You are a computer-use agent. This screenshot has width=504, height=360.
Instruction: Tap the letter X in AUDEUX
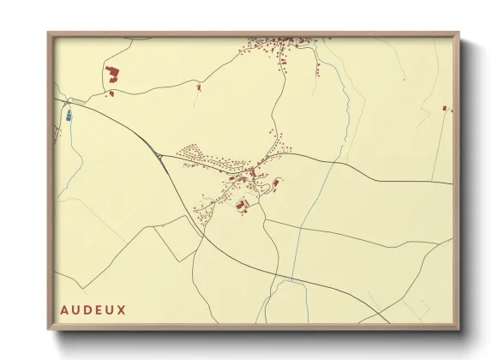121,309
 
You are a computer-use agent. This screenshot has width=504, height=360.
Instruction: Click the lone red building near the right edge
445,108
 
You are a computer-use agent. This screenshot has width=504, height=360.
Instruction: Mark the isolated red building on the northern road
199,87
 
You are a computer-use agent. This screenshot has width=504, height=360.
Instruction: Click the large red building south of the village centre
242,204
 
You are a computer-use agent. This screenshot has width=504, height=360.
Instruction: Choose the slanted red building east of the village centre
276,182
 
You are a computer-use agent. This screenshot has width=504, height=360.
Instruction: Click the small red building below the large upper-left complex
111,93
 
